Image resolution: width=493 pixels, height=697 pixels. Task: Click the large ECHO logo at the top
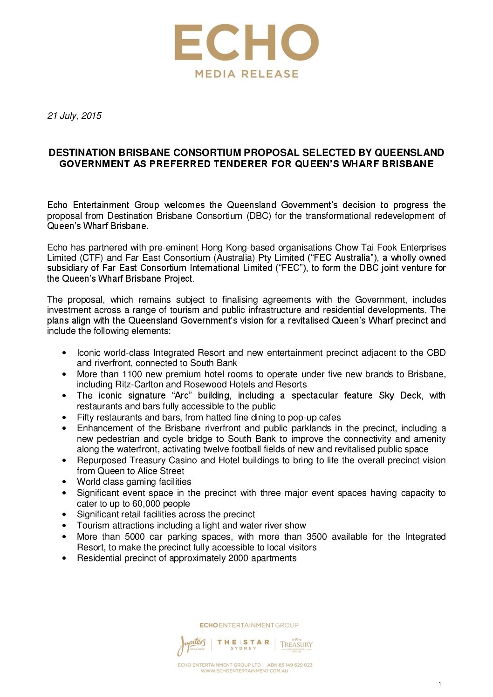[x=246, y=43]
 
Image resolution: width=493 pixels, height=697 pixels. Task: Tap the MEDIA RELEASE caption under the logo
[x=246, y=74]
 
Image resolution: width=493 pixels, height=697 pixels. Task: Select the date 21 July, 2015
[x=74, y=115]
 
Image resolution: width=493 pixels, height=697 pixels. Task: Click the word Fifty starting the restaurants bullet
[x=87, y=418]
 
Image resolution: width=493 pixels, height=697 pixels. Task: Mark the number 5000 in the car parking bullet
[x=135, y=537]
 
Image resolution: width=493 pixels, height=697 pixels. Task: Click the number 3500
[x=316, y=537]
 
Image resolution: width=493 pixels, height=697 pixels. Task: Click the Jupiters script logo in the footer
[x=191, y=645]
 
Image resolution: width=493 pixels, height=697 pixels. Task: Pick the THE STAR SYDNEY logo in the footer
[x=243, y=644]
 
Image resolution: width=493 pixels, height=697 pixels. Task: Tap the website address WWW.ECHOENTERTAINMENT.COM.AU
[x=245, y=671]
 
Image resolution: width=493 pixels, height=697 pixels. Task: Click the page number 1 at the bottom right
[x=439, y=684]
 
